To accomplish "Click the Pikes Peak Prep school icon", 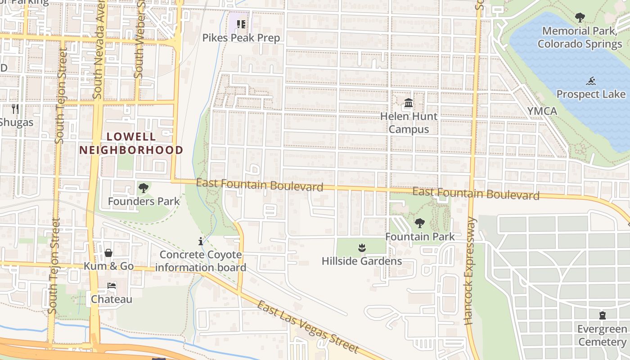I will (241, 24).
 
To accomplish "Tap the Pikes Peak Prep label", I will (241, 38).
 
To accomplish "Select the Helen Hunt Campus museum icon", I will (409, 103).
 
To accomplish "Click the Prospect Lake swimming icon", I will (591, 81).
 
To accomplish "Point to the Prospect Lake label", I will (591, 94).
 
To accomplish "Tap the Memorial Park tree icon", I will (580, 18).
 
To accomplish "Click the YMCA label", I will (542, 111).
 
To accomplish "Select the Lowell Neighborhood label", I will (131, 144).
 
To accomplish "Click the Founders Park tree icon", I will (144, 188).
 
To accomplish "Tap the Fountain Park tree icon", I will (420, 223).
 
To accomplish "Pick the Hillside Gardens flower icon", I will (361, 247).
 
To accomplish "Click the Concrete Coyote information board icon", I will (201, 241).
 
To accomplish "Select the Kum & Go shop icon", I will (108, 253).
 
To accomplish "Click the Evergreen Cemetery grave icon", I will (603, 315).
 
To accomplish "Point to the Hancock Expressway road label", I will (470, 271).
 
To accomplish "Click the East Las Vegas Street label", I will (308, 327).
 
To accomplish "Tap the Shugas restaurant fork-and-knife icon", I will (15, 108).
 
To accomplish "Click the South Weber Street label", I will (140, 40).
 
